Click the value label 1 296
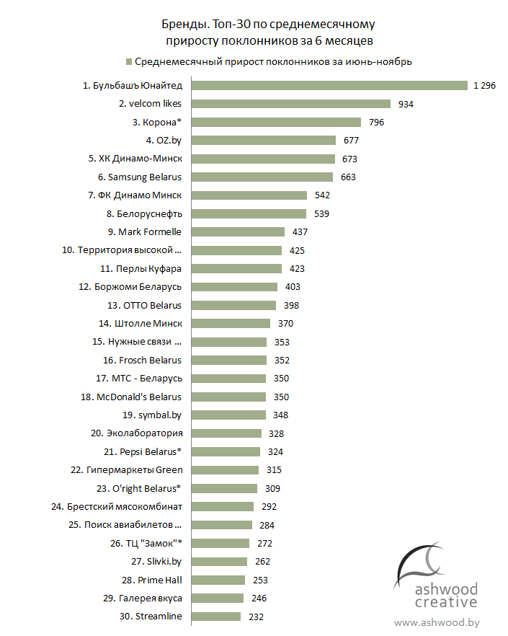coord(484,86)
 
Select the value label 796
coord(375,123)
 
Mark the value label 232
coord(255,617)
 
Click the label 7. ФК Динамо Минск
coord(135,195)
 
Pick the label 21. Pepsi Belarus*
coord(143,451)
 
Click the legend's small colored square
coord(129,61)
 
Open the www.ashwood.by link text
coord(437,622)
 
